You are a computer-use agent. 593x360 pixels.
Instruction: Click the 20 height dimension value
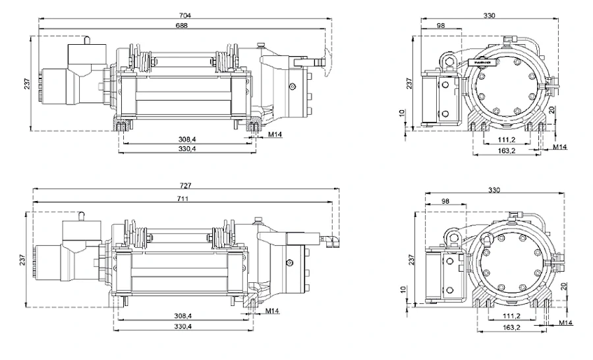click(x=551, y=110)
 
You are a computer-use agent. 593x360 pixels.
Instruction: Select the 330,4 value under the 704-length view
click(x=186, y=150)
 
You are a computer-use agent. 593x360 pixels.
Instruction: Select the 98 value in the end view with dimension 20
click(x=440, y=25)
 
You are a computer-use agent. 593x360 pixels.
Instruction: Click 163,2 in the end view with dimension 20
click(x=505, y=150)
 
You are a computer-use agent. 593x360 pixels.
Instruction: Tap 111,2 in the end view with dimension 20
click(x=505, y=140)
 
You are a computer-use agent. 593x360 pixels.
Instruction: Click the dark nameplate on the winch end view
click(x=482, y=62)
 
